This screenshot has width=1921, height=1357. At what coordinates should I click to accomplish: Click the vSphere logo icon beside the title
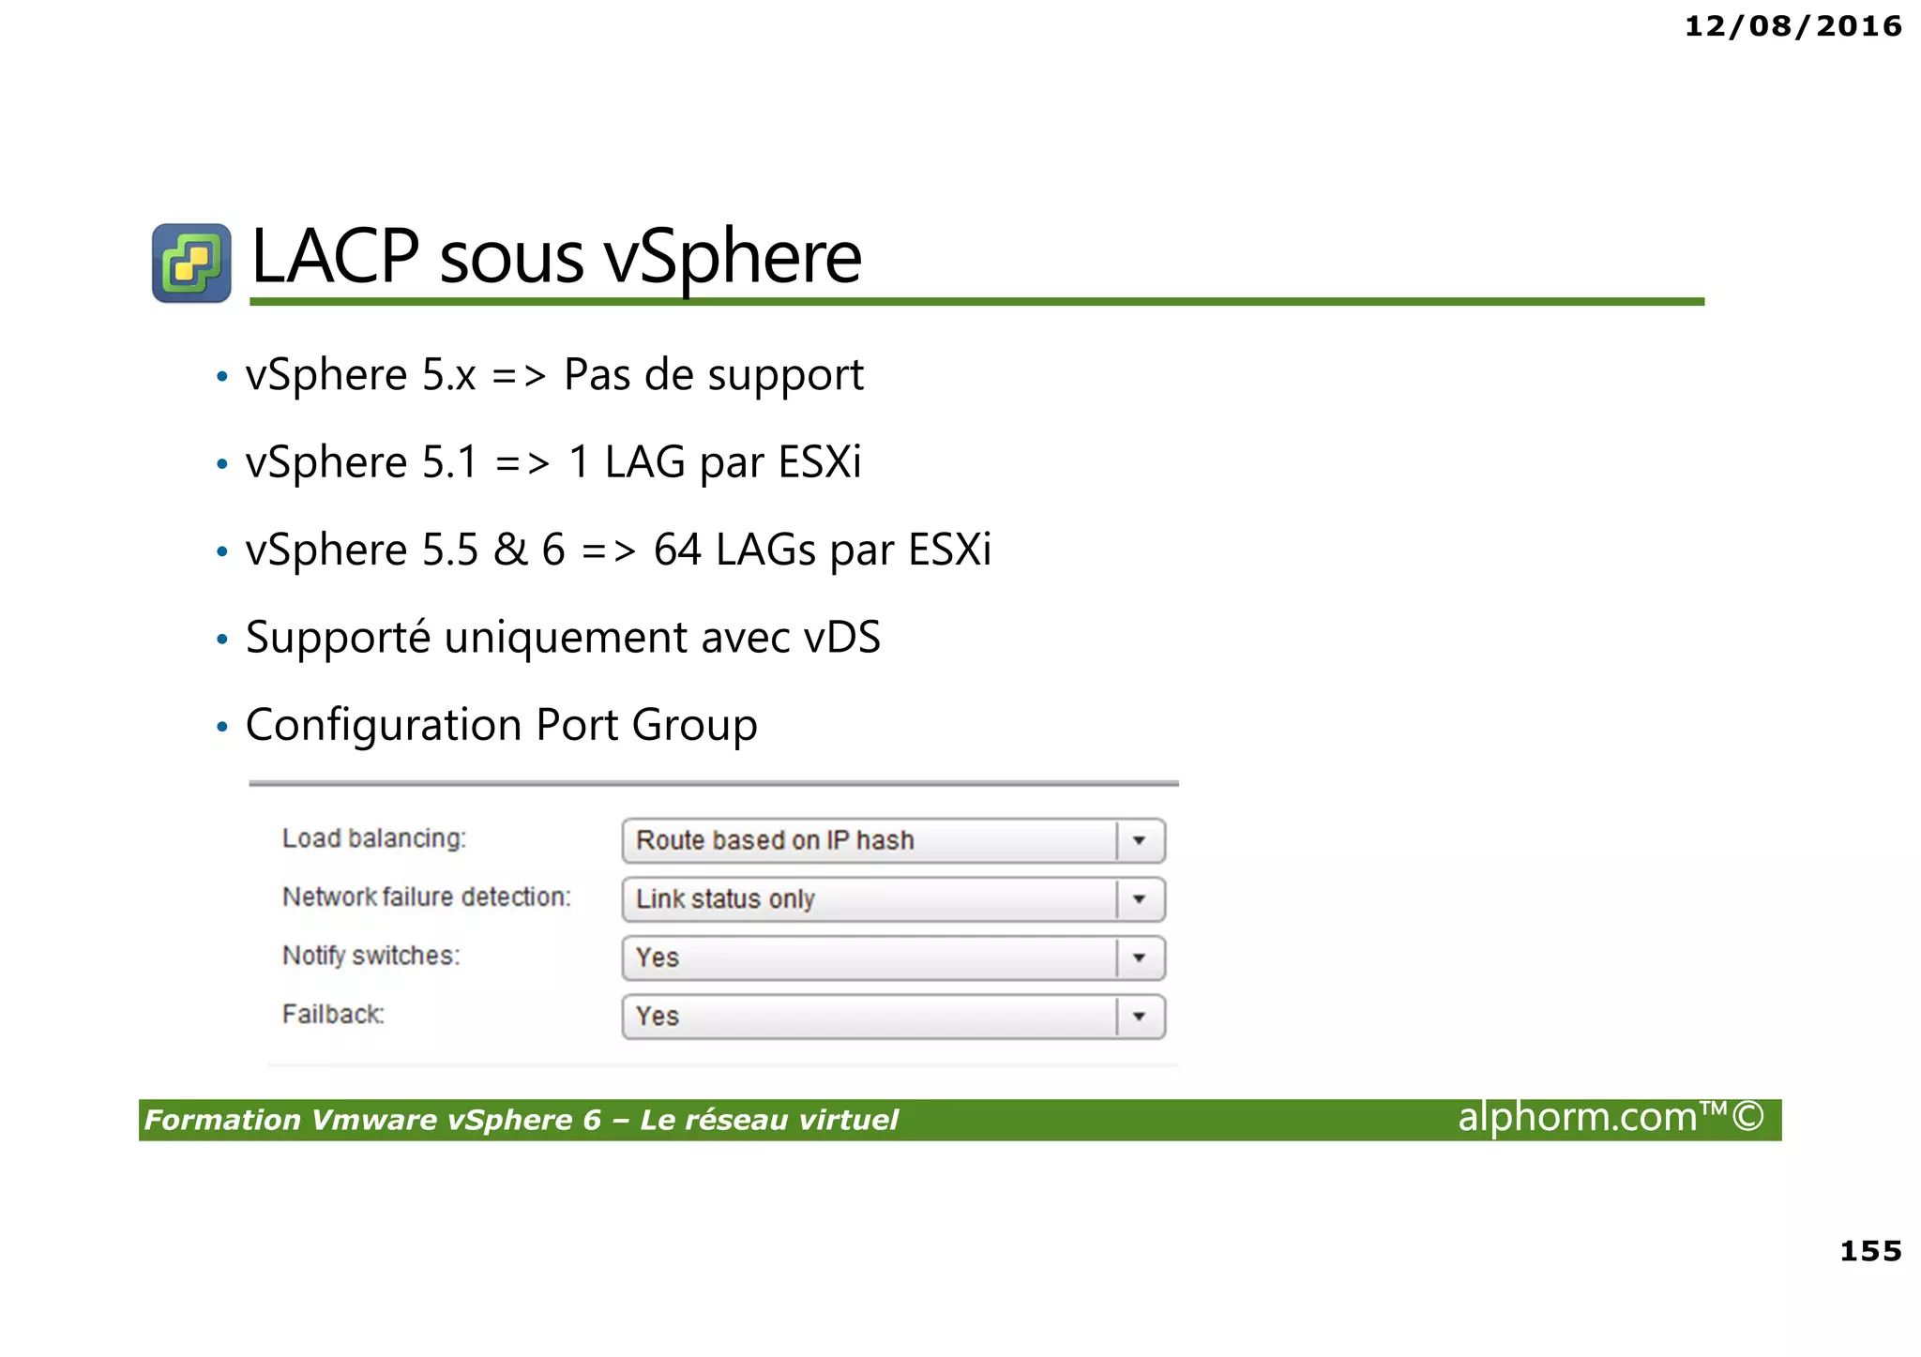point(191,264)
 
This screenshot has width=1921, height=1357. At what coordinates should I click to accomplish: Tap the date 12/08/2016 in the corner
point(1792,26)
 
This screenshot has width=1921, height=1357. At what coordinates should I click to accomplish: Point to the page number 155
point(1870,1251)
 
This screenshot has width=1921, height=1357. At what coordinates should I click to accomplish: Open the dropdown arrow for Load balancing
point(1139,841)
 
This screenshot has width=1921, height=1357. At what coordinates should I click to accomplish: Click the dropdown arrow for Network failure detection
point(1139,899)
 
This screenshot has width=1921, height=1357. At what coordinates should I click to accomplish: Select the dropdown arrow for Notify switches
point(1139,958)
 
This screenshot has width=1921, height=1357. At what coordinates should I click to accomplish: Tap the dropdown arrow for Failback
point(1139,1017)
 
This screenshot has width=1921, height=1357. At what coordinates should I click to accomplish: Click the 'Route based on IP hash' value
point(775,840)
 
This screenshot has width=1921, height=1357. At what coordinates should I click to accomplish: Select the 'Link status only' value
point(725,899)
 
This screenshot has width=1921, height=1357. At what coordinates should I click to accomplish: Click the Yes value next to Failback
point(658,1017)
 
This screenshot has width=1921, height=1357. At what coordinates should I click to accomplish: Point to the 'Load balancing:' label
point(373,838)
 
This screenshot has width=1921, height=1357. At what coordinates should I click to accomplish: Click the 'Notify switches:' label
point(371,956)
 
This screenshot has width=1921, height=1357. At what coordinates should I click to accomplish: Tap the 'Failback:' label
point(333,1015)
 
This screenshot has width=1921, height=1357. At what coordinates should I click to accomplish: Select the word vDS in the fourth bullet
point(842,638)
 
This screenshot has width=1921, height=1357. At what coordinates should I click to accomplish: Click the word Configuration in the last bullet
point(384,726)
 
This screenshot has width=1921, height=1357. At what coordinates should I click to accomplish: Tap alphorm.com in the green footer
point(1578,1118)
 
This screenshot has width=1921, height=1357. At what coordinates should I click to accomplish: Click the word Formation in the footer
point(222,1121)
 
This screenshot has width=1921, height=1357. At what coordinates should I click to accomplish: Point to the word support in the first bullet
point(785,376)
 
